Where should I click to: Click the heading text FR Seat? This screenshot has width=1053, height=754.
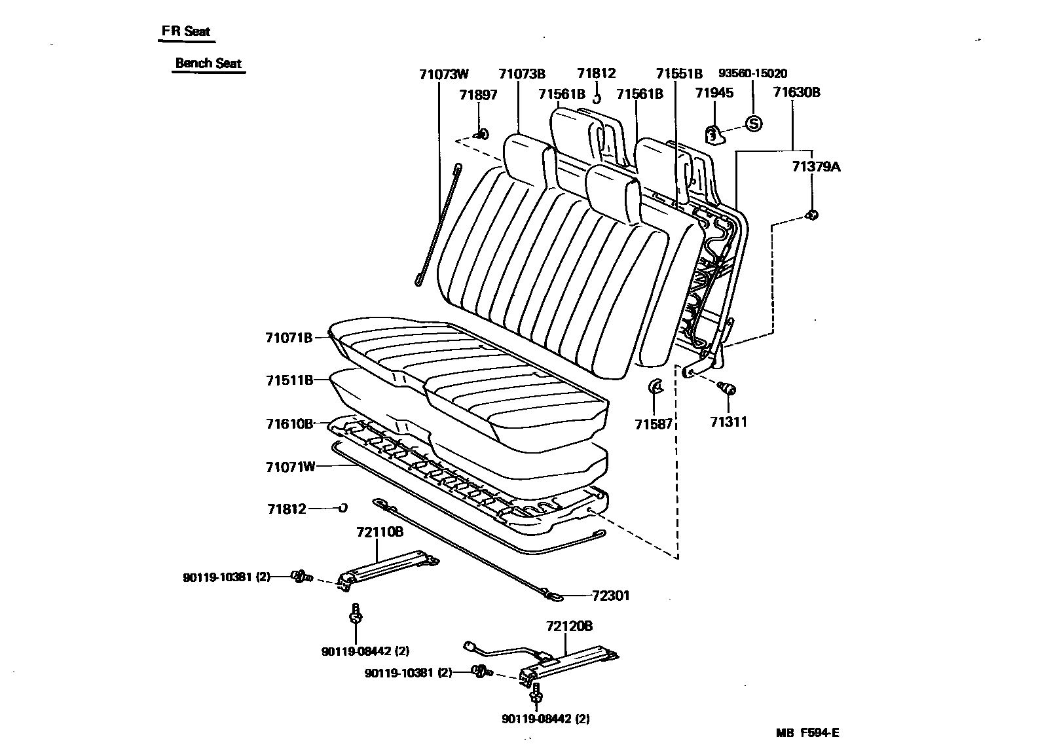pyautogui.click(x=187, y=31)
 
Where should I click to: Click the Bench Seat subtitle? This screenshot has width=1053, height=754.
pyautogui.click(x=208, y=63)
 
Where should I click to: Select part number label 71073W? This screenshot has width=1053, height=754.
pyautogui.click(x=444, y=74)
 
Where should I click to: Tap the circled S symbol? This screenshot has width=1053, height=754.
pyautogui.click(x=754, y=123)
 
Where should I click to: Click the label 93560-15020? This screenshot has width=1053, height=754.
pyautogui.click(x=752, y=74)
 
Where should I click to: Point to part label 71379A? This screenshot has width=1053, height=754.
pyautogui.click(x=815, y=167)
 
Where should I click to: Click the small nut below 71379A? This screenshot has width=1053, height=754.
pyautogui.click(x=811, y=215)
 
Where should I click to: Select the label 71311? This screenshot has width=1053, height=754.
pyautogui.click(x=728, y=422)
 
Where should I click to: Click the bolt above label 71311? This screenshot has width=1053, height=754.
pyautogui.click(x=727, y=389)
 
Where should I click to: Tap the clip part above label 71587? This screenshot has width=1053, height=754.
pyautogui.click(x=655, y=386)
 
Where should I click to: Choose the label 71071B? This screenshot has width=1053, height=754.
pyautogui.click(x=289, y=338)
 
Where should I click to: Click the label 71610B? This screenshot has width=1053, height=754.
pyautogui.click(x=289, y=423)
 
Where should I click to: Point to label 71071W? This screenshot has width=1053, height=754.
pyautogui.click(x=290, y=467)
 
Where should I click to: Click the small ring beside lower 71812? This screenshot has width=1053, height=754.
pyautogui.click(x=342, y=507)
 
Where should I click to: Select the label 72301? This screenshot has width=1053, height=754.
pyautogui.click(x=610, y=596)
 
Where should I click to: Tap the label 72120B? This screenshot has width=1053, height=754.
pyautogui.click(x=568, y=626)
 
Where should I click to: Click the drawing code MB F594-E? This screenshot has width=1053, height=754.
pyautogui.click(x=807, y=733)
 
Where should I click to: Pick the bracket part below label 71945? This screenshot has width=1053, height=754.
pyautogui.click(x=715, y=135)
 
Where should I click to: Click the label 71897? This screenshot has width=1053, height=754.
pyautogui.click(x=478, y=94)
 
